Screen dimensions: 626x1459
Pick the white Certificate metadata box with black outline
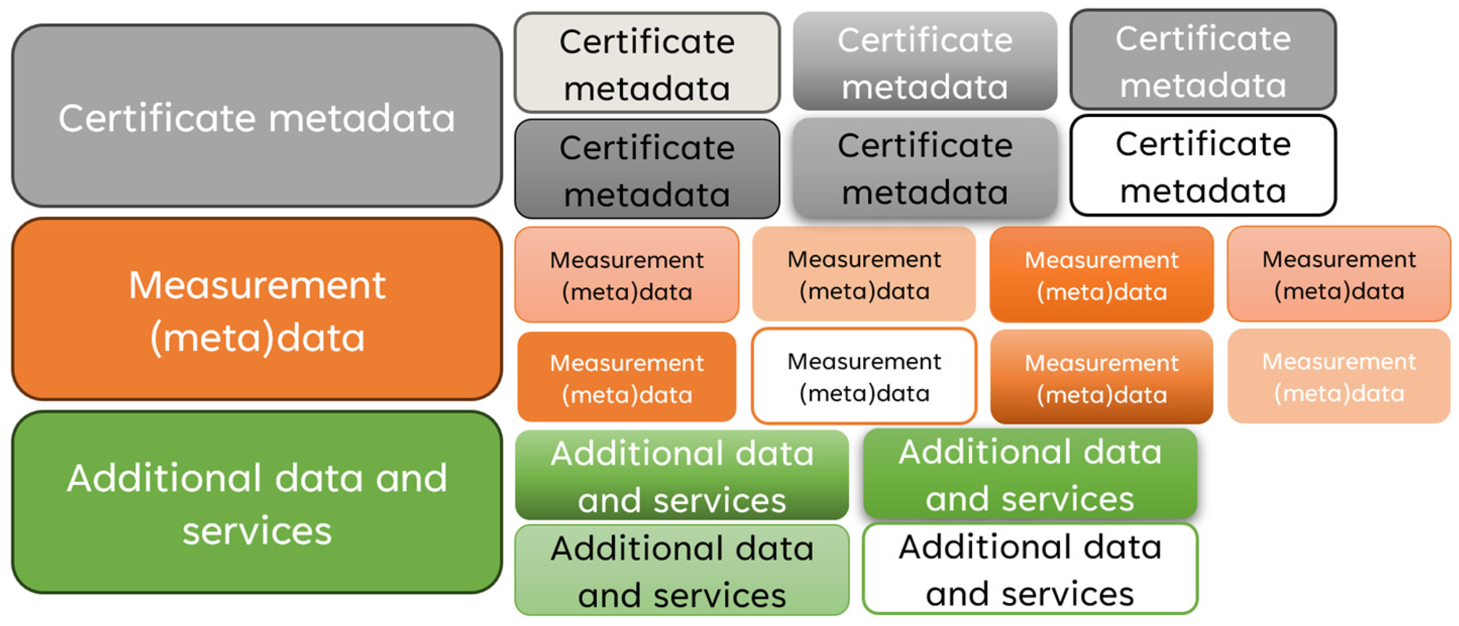tap(1203, 166)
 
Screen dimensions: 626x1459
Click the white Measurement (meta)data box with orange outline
tap(864, 376)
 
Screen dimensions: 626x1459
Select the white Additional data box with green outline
tap(1030, 569)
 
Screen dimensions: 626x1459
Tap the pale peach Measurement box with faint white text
tap(1339, 376)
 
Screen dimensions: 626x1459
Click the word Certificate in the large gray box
tap(157, 118)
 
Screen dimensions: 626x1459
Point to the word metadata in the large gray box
tap(361, 118)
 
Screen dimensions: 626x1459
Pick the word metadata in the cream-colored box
tap(647, 89)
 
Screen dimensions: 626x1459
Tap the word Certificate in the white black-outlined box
tap(1203, 144)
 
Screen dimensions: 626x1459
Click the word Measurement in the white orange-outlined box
tap(864, 362)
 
